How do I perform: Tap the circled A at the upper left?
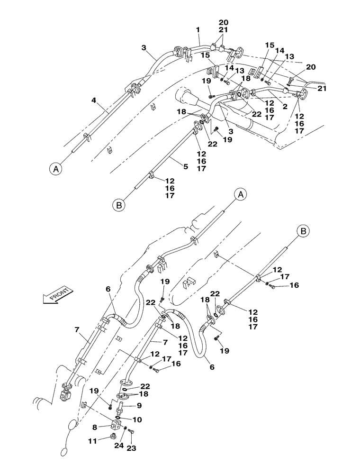tap(55, 168)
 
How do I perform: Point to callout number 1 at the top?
tap(198, 30)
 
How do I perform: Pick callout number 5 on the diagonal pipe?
tap(186, 166)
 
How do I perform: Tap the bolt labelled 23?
tap(131, 431)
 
